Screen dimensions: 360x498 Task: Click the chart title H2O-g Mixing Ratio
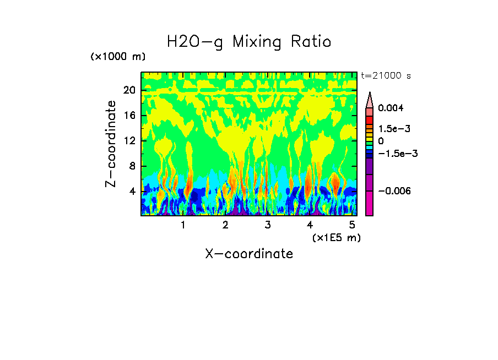(x=249, y=42)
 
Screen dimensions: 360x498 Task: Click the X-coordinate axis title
(x=249, y=254)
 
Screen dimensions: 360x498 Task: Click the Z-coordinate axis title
(x=111, y=144)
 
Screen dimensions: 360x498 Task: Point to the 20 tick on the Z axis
(x=129, y=90)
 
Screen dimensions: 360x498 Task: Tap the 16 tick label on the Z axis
(x=129, y=116)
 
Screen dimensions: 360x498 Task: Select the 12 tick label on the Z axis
(x=129, y=141)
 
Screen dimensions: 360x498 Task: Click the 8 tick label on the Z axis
(x=132, y=166)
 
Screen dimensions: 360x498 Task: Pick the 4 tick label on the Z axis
(x=132, y=192)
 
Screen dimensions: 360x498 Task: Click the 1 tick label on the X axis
(x=183, y=225)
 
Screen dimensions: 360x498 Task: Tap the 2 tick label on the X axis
(x=225, y=225)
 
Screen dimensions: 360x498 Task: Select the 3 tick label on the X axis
(x=268, y=225)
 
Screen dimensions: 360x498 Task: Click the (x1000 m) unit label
(x=118, y=57)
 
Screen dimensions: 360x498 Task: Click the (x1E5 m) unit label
(x=336, y=237)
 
